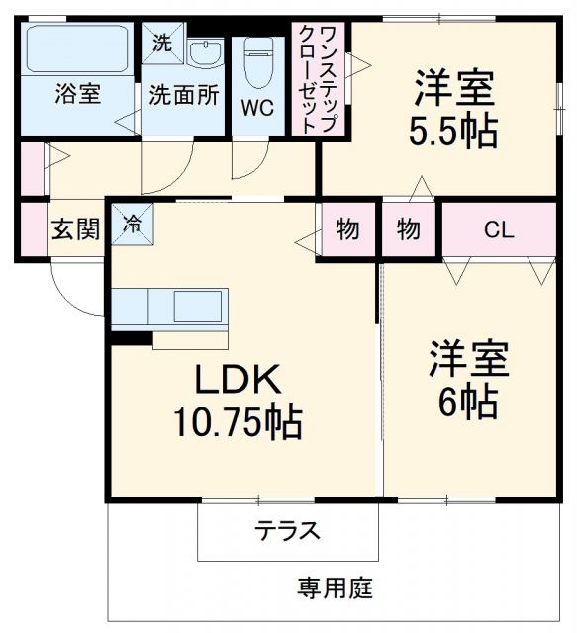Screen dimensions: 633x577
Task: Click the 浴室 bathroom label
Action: coord(77,95)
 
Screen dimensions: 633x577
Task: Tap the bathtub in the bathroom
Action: coord(77,48)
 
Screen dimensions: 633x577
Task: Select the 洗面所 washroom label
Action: coord(183,95)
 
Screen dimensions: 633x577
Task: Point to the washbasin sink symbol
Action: coord(206,51)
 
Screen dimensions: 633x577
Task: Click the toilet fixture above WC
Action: coord(259,55)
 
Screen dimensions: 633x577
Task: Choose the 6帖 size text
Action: coord(468,401)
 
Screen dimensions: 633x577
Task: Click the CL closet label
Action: coord(498,229)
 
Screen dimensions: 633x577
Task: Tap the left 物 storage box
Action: coord(346,229)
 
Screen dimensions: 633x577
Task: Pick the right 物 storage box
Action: coord(409,229)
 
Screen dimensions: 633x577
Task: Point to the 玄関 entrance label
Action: coord(75,230)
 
